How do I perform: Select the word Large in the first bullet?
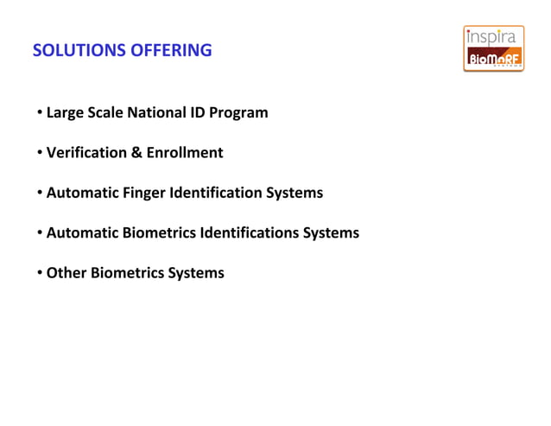(64, 113)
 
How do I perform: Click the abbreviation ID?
(200, 113)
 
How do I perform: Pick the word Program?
(241, 113)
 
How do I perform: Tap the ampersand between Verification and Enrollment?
(136, 153)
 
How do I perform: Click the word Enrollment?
(185, 153)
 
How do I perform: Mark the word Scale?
(104, 113)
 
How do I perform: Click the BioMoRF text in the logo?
(493, 59)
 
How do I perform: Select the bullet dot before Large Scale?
(40, 113)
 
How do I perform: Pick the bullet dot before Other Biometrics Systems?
(40, 274)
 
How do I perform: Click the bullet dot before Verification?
(40, 154)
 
